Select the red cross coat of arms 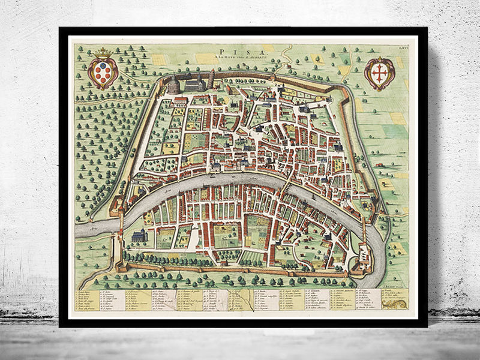pos(379,73)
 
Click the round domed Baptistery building pos(173,85)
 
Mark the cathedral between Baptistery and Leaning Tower pos(193,84)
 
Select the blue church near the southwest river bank pos(139,237)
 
